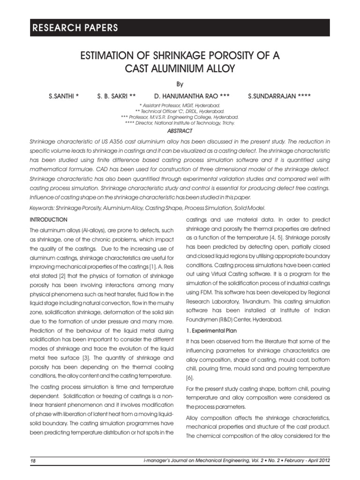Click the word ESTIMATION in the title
tap(106, 57)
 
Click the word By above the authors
tap(180, 85)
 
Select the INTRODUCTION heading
tap(49, 219)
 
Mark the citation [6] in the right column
tap(189, 377)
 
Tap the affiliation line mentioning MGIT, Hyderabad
tap(180, 106)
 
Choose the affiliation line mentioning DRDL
tap(180, 112)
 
